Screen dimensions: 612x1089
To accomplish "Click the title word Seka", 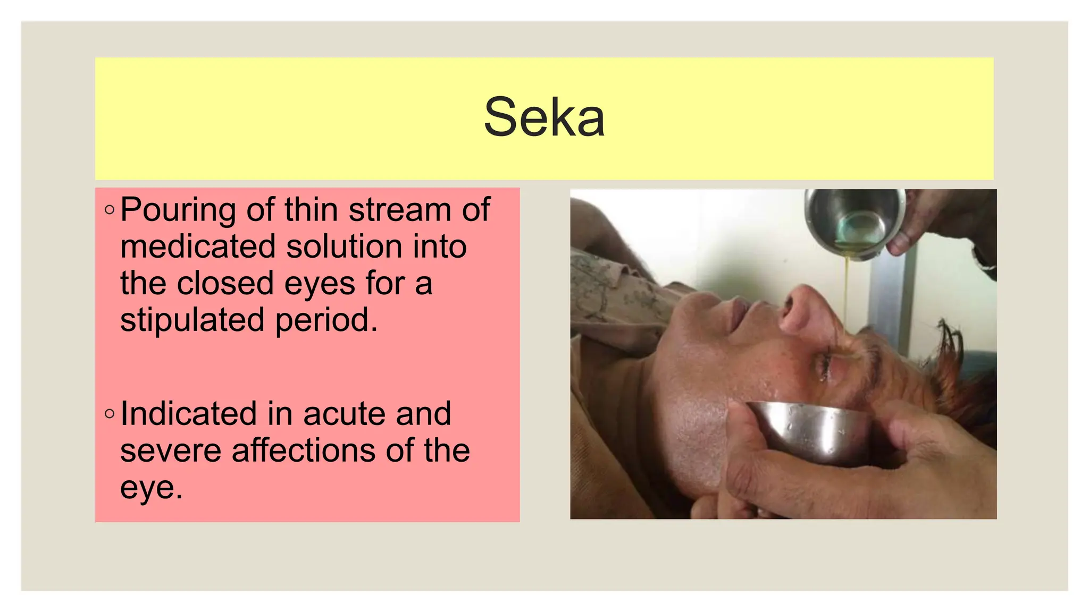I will (x=544, y=117).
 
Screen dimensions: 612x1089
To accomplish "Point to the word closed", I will (x=226, y=283).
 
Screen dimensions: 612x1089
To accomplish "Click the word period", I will (x=326, y=320).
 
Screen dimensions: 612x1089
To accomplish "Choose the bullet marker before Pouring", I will (x=110, y=210).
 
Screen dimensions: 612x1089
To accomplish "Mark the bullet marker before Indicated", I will (x=110, y=413).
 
